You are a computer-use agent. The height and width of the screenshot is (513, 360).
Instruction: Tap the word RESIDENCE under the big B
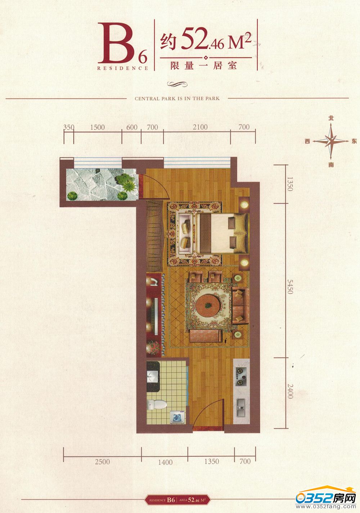(123, 68)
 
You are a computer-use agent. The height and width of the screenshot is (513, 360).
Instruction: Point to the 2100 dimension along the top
(200, 127)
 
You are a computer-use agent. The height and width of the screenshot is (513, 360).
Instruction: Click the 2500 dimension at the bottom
(102, 462)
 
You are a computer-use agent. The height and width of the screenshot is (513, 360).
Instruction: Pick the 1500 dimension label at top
(97, 127)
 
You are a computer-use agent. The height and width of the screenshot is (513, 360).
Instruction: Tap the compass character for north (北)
(331, 118)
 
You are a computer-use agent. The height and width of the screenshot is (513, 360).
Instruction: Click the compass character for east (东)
(354, 141)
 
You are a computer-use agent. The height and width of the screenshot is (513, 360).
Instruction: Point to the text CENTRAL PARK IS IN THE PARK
(177, 99)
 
